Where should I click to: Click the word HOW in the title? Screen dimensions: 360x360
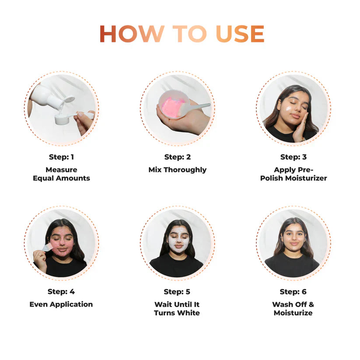coord(131,35)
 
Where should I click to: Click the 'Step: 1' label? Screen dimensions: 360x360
coord(61,157)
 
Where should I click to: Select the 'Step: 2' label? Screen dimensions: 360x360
coord(177,157)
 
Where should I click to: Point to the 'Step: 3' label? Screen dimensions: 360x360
coord(293,157)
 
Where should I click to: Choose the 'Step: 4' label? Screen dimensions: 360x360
coord(61,292)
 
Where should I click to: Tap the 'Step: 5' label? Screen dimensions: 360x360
coord(177,292)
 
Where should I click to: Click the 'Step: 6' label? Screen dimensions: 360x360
coord(293,292)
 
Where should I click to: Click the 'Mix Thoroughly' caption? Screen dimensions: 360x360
coord(177,170)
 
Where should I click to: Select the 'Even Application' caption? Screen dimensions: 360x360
coord(61,304)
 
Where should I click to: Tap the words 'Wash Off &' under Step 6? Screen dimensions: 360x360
coord(293,304)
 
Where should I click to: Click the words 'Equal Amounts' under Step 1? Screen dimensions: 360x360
coord(61,178)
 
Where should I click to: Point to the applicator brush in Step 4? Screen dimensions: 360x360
coord(47,248)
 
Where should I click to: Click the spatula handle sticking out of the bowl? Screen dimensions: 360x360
coord(199,106)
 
